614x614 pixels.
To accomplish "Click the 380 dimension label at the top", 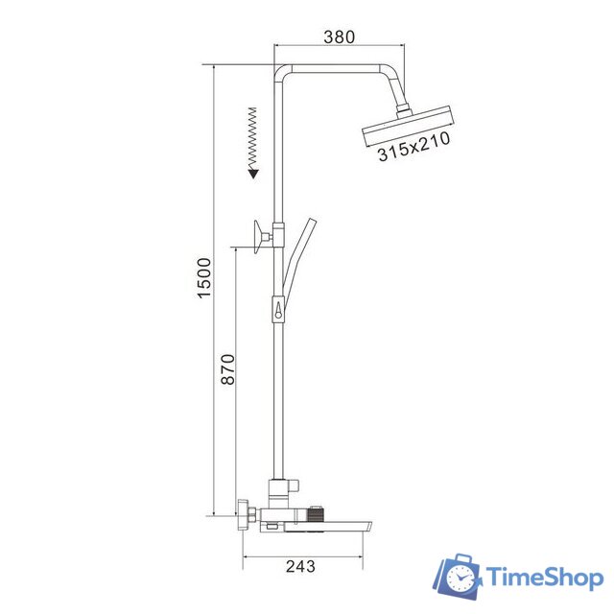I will (339, 36).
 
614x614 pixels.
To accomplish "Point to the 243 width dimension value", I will (301, 566).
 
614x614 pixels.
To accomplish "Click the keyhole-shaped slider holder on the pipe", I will (278, 309).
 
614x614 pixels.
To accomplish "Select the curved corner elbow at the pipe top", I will (281, 73).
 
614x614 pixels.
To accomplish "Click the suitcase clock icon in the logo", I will (459, 577).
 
